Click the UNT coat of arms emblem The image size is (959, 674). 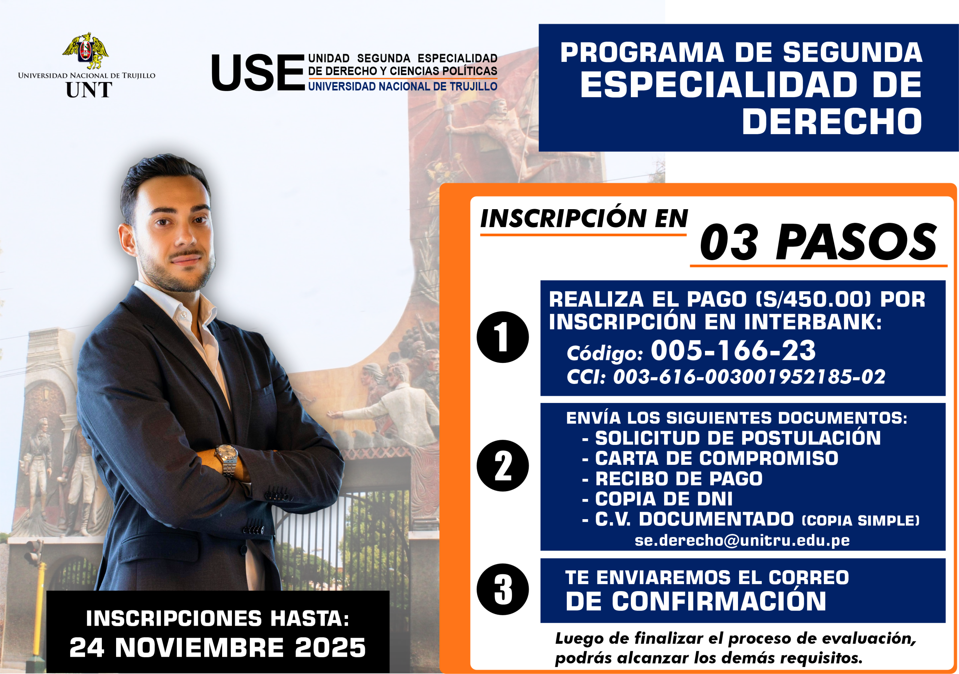coord(86,51)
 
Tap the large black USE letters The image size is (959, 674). coord(258,73)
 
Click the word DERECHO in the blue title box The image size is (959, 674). coord(832,121)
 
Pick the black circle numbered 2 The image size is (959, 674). coord(502,466)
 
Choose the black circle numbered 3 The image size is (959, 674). coord(502,589)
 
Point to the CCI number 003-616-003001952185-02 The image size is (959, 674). coord(749,377)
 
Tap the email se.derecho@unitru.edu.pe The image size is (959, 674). coord(742,540)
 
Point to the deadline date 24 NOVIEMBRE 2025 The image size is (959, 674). coord(218,648)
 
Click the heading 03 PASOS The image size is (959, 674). coord(818,243)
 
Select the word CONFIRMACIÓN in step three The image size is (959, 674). coord(719,601)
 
